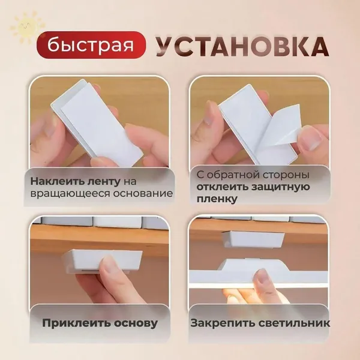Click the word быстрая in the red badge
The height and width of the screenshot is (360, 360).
click(x=91, y=45)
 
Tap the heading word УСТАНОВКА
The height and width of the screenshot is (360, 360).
click(x=242, y=46)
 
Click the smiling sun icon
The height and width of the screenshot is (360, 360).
click(x=27, y=27)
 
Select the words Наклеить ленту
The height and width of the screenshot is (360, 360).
click(x=76, y=182)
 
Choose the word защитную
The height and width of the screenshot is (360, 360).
click(x=281, y=187)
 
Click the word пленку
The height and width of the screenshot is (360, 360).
click(x=217, y=199)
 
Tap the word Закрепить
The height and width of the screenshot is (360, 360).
click(x=223, y=323)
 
